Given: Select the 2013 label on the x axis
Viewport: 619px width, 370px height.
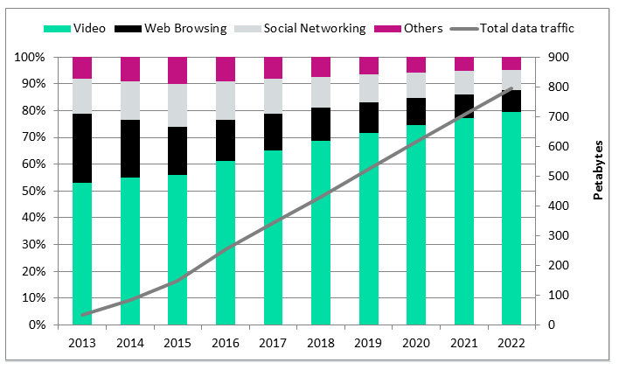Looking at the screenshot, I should (82, 343).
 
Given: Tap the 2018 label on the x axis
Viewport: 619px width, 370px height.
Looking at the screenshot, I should (321, 343).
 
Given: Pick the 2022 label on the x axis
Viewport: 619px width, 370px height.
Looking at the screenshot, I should (511, 343).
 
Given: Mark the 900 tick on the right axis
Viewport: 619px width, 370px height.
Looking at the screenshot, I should (559, 58).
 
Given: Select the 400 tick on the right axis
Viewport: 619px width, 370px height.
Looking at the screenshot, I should (559, 206).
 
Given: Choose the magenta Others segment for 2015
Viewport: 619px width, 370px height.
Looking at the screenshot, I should (177, 70).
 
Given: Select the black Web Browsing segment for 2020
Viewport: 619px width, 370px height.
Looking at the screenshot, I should (416, 112).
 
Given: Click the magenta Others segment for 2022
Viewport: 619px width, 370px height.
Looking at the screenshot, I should (511, 63).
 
